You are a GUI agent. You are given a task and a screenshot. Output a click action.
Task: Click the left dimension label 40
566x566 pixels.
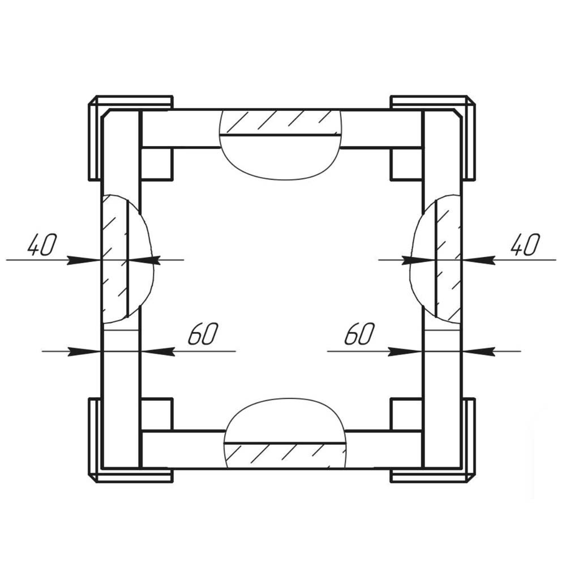tap(42, 245)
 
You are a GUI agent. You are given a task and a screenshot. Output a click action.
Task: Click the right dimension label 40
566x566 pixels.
tap(526, 245)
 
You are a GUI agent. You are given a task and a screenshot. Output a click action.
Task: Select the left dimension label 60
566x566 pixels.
tap(203, 333)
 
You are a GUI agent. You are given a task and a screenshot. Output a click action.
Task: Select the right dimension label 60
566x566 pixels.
tap(359, 333)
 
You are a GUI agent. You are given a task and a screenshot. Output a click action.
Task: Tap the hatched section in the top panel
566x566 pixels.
tap(281, 122)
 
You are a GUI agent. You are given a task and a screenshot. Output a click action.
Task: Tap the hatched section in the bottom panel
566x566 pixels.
tap(285, 455)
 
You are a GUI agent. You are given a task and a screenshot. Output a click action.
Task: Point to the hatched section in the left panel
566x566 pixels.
tap(114, 259)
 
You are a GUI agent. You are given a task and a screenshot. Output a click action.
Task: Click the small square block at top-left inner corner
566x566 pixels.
tap(157, 164)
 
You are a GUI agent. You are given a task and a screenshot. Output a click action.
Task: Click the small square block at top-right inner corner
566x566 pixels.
tap(406, 164)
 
